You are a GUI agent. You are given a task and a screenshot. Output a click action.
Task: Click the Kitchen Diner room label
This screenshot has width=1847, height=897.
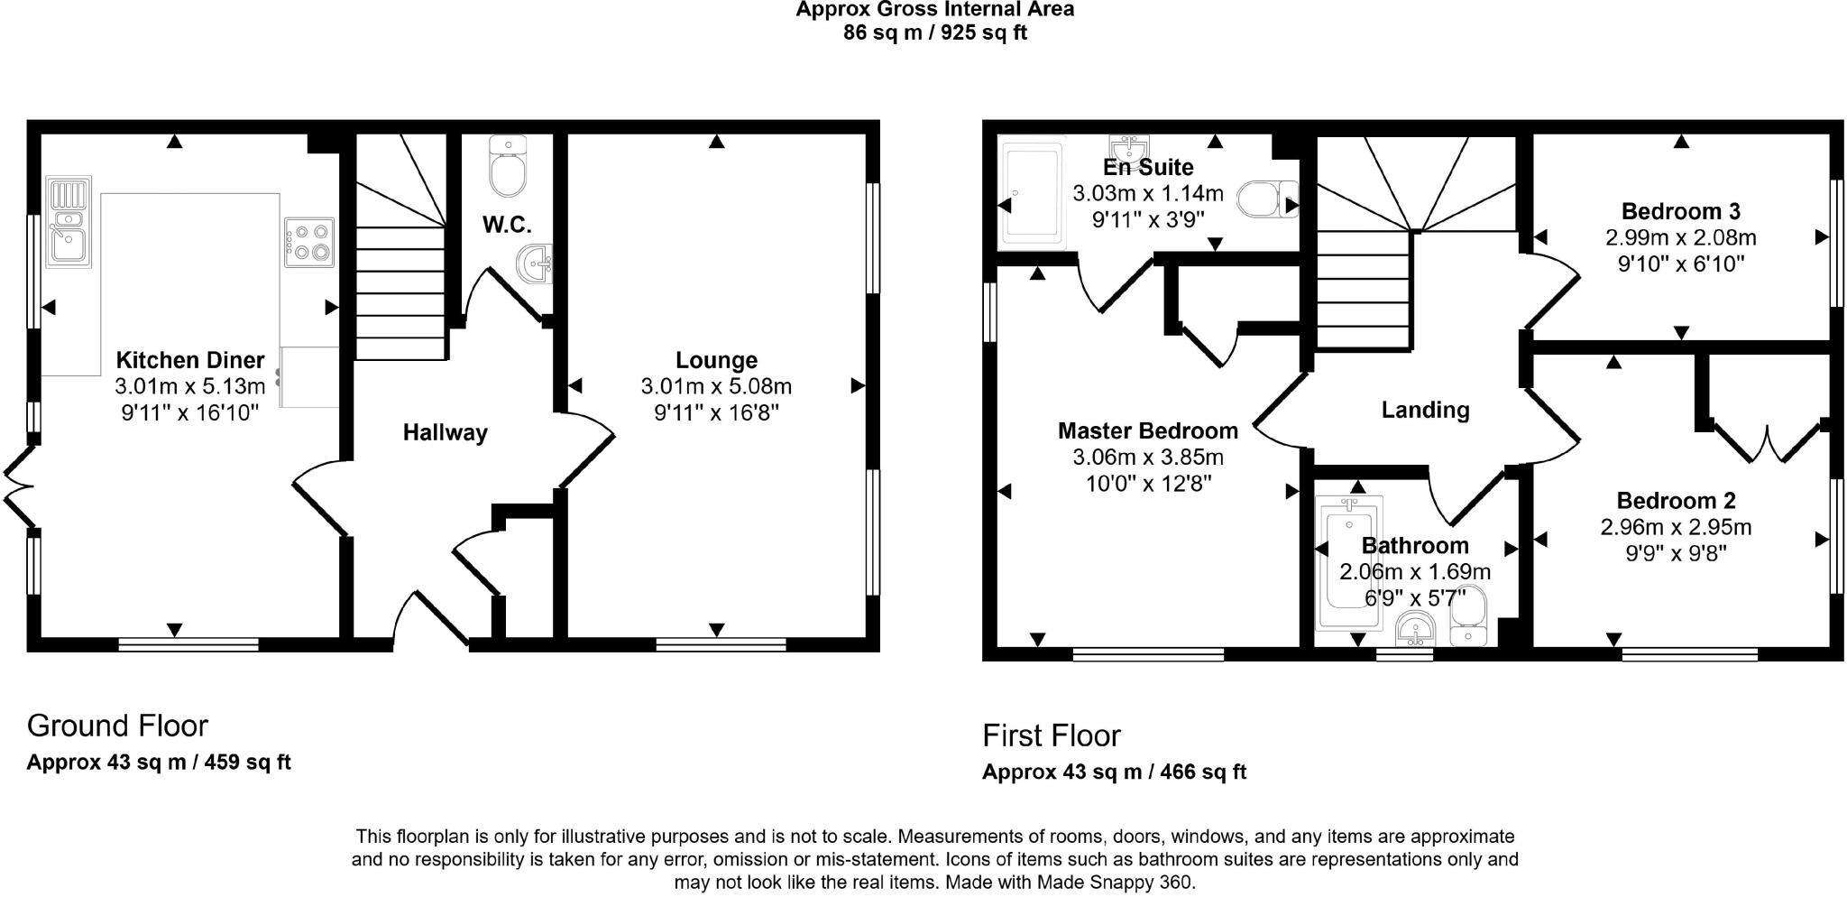[190, 360]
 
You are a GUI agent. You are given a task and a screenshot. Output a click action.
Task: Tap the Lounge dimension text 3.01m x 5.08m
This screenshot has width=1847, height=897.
[716, 386]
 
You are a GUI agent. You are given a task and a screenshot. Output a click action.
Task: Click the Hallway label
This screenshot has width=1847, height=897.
[445, 432]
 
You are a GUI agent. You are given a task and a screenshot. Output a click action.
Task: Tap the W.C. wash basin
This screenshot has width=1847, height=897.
[536, 264]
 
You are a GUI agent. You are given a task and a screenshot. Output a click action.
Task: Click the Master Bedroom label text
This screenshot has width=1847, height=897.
[1147, 430]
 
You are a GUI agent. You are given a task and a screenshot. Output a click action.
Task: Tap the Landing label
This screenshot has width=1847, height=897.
[1425, 410]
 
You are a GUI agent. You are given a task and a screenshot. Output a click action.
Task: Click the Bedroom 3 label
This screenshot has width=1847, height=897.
[1680, 211]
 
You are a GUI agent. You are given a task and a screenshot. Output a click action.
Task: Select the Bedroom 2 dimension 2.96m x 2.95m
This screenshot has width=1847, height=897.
[1676, 526]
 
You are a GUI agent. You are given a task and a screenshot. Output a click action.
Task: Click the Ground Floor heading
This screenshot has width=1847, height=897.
[117, 726]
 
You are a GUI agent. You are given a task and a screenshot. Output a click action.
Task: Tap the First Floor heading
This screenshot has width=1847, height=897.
[1051, 735]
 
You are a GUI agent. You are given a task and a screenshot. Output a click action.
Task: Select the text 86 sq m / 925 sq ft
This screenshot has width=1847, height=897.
[934, 33]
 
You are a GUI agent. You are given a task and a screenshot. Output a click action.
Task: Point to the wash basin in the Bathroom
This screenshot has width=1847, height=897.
[1415, 630]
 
